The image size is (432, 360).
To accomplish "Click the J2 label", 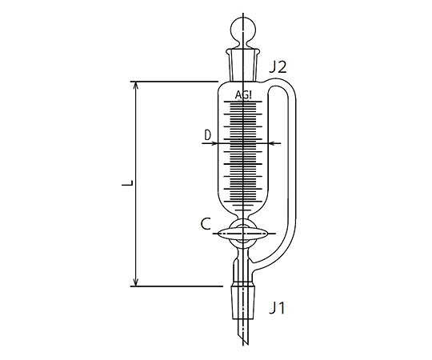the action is [x=278, y=67].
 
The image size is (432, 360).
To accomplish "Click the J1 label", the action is [x=277, y=308].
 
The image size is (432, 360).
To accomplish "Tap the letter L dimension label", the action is [x=127, y=183].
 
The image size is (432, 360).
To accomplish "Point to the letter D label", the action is [x=207, y=135].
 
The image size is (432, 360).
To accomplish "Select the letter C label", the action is [x=206, y=224].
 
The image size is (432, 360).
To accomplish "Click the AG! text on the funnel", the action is [x=243, y=95].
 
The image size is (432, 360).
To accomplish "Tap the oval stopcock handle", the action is [x=243, y=234].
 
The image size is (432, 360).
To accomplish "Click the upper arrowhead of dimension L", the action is [x=135, y=86].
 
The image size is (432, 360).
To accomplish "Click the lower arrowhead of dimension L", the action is [x=135, y=282].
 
